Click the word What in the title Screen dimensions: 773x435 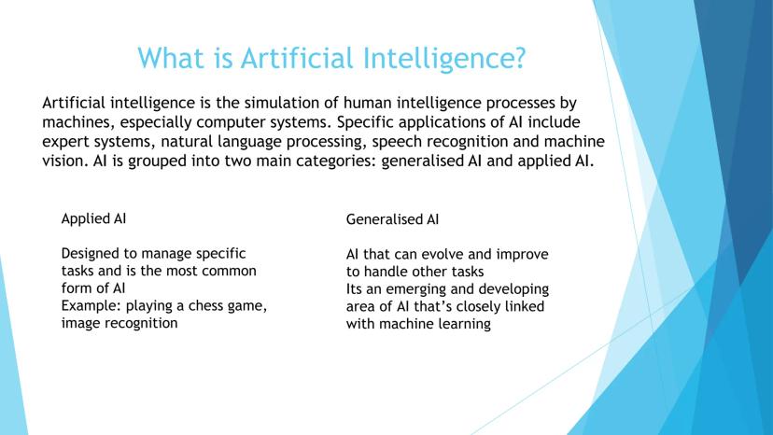click(x=171, y=58)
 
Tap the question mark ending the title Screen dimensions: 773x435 click(x=519, y=58)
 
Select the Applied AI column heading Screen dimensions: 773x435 click(x=93, y=218)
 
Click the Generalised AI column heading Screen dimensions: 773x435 click(x=392, y=219)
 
